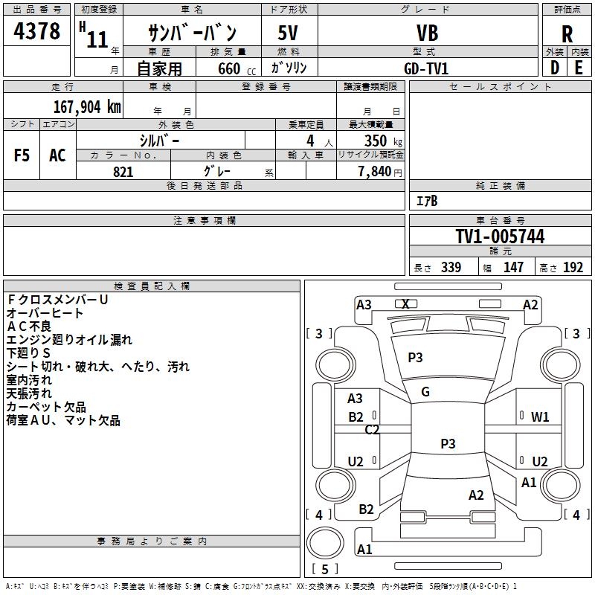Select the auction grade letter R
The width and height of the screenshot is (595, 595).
pos(567,33)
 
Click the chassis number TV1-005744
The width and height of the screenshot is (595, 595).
pos(500,237)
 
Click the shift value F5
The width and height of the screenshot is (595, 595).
pos(22,155)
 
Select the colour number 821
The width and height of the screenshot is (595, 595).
pos(123,172)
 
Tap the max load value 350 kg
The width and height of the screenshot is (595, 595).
pos(382,141)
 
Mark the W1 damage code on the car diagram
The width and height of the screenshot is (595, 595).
pos(540,416)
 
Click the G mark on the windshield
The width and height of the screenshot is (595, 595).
pos(425,392)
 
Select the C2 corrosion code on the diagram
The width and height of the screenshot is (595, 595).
pos(372,429)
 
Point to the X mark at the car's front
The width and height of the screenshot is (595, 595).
pos(405,303)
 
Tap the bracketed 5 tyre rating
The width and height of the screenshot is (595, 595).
pos(324,570)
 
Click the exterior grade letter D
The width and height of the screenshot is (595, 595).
pos(554,68)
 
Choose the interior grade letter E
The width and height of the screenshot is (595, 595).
pos(579,68)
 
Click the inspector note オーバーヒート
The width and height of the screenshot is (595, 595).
pos(45,312)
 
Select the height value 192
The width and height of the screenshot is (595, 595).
pos(573,268)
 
